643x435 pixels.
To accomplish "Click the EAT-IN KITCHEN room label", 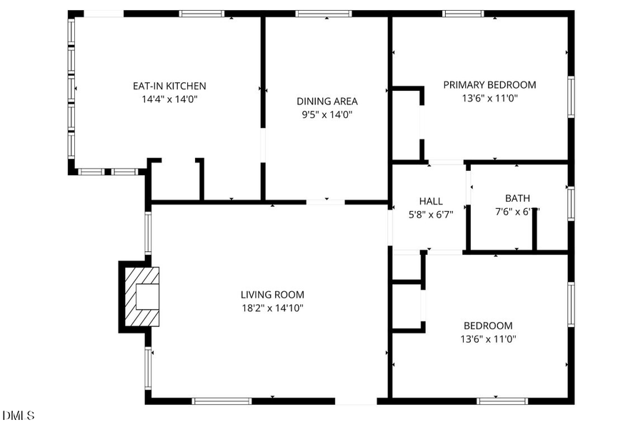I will coord(169,86).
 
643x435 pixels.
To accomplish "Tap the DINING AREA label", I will coord(327,101).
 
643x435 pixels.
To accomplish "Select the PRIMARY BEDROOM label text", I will coord(489,84).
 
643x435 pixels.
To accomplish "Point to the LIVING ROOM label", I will coord(272,294).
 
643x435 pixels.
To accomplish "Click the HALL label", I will coord(431,201).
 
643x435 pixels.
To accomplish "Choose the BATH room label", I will coord(517,198).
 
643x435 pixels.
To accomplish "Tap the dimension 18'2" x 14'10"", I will coord(272,308).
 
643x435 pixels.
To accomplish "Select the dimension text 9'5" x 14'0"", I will coord(327,114).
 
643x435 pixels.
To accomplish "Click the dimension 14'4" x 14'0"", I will coord(169,99).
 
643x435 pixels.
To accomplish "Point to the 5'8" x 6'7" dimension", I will coord(431,214).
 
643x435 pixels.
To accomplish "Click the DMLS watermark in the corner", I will coord(17,415).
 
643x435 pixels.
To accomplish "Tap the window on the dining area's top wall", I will coord(324,14).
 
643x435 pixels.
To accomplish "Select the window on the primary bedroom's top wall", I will coord(463,14).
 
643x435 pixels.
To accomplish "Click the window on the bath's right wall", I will coord(571,202).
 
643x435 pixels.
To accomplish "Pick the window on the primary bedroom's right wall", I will coord(571,97).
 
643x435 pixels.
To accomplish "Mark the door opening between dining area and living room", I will coord(325,202).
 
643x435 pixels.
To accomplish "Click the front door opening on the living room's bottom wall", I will coord(355,401).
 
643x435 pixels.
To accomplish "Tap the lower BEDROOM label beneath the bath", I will coord(488,325).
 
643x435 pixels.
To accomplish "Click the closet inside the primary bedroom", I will coord(406,124).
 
